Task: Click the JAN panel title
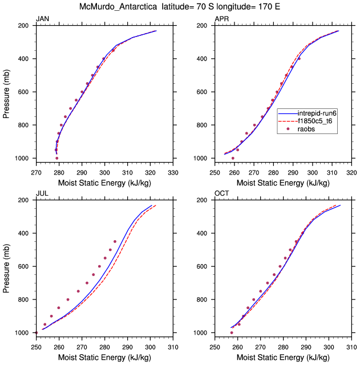point(42,19)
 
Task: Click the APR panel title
point(222,19)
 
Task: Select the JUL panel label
point(42,194)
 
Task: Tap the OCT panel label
point(222,194)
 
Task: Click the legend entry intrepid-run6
point(318,113)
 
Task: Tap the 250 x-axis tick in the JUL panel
point(36,347)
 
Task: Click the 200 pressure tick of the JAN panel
point(26,26)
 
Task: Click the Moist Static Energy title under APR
point(283,183)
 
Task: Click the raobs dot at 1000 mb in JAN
point(57,158)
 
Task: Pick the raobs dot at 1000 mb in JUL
point(36,332)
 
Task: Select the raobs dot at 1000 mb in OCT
point(232,332)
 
